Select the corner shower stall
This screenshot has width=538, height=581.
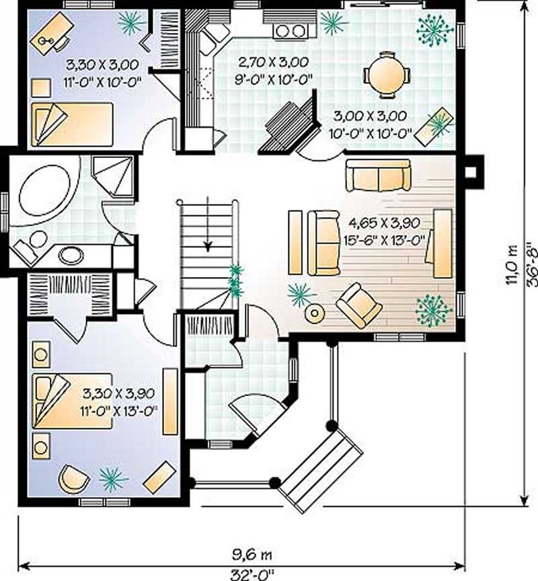(112, 177)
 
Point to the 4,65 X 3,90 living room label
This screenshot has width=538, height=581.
(385, 223)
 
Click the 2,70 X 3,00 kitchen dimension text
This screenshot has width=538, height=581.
(273, 63)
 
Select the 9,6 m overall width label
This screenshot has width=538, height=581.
(252, 555)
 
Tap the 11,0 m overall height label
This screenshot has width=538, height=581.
(512, 264)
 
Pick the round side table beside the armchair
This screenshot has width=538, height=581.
(315, 313)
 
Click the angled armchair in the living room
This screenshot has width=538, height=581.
(358, 305)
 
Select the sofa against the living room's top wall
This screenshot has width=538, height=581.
(379, 176)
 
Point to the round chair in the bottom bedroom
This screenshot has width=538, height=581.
(74, 478)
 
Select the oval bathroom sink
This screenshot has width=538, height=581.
(71, 256)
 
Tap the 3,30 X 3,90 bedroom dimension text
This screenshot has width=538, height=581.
(118, 393)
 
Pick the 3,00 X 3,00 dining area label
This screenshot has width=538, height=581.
(370, 116)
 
